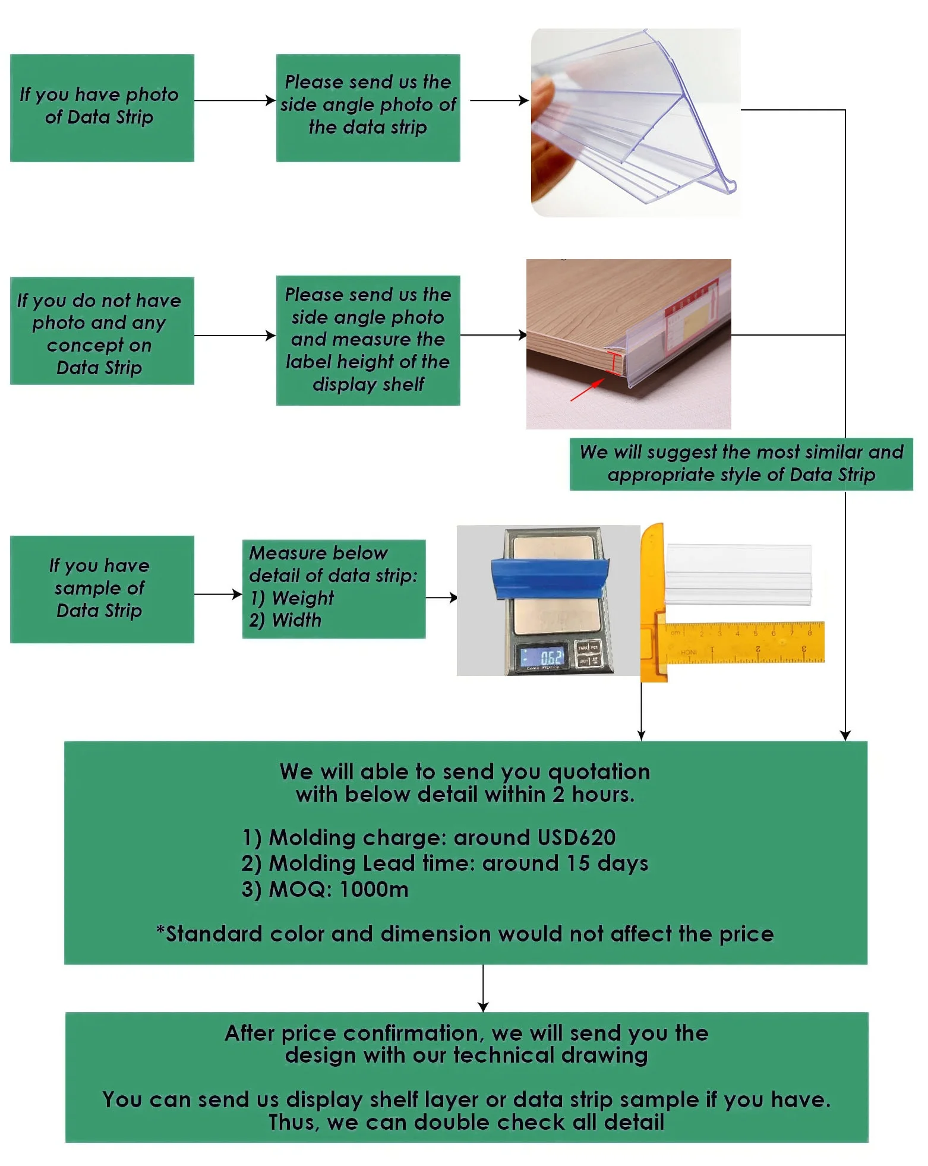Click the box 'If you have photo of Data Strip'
[x=102, y=108]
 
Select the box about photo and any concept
[x=102, y=331]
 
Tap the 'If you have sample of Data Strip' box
[x=102, y=589]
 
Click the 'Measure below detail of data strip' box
[x=334, y=589]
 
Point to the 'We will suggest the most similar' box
[x=741, y=464]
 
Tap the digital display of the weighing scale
[x=542, y=656]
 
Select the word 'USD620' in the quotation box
[x=576, y=838]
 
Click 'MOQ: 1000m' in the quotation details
[x=339, y=889]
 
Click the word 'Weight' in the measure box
[x=303, y=598]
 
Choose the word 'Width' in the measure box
[x=296, y=620]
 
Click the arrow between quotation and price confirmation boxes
[x=483, y=988]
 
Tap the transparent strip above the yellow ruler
[x=738, y=574]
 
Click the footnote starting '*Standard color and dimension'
[x=465, y=934]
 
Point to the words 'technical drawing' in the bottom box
[x=550, y=1056]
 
